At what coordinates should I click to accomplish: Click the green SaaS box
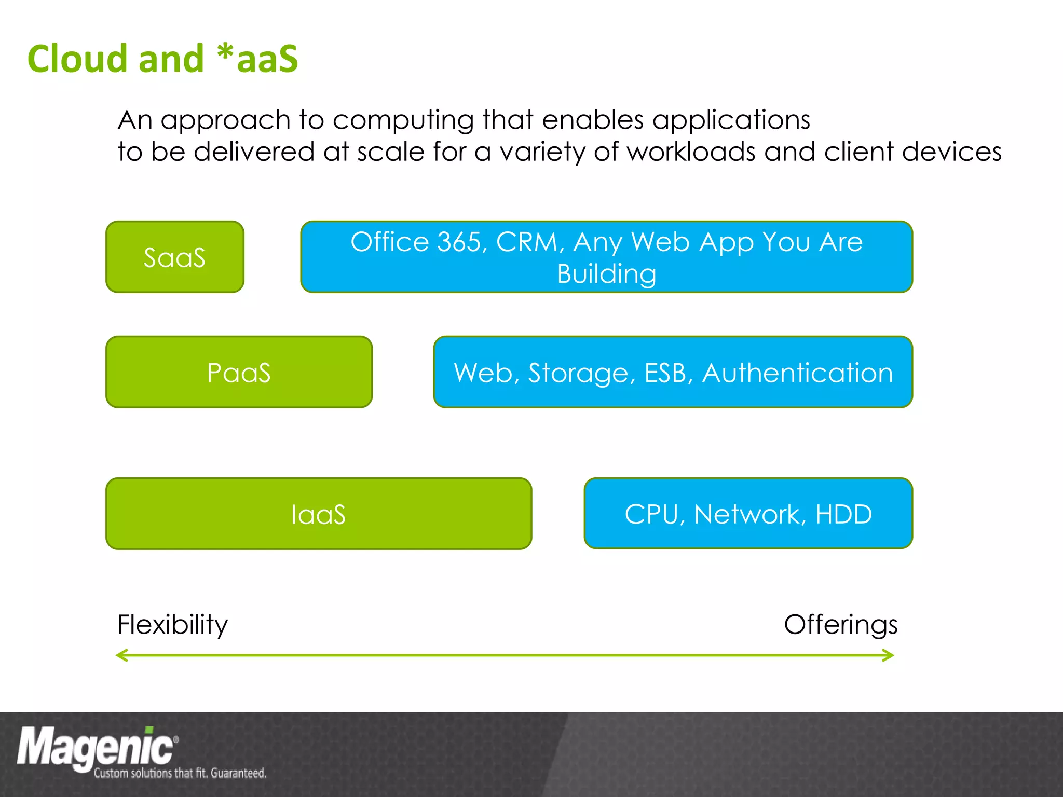point(174,257)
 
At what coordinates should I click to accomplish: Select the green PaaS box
point(239,372)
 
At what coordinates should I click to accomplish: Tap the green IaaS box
point(318,514)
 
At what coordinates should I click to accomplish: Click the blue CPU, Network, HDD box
point(748,514)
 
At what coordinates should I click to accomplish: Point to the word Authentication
point(797,373)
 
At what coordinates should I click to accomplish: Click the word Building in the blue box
point(606,274)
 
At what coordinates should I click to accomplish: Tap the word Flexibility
point(172,624)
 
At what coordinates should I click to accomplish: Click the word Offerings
point(840,624)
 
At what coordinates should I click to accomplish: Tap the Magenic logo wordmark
point(96,747)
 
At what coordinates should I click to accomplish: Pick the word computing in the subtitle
point(403,120)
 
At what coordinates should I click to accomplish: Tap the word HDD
point(843,514)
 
